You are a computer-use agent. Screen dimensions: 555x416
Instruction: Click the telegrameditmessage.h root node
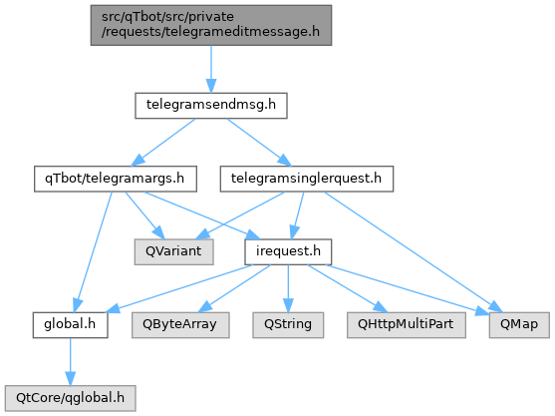point(211,25)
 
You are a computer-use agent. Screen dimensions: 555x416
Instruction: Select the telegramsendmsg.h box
point(211,106)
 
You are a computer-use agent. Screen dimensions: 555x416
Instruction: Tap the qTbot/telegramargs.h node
point(116,179)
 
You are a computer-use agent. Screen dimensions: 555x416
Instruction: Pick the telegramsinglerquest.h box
point(307,179)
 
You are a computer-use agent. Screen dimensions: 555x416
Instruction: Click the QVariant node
point(173,252)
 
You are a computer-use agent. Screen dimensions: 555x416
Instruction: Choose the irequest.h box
point(288,252)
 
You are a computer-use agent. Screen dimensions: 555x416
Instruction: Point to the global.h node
point(70,325)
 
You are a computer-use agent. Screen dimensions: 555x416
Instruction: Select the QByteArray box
point(180,325)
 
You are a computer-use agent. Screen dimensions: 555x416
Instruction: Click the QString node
point(288,325)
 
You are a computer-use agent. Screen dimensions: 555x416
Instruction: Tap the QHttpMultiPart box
point(407,325)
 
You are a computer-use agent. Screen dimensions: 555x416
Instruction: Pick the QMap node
point(519,325)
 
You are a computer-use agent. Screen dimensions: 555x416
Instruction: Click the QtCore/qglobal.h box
point(70,398)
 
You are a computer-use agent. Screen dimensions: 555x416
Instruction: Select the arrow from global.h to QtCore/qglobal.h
point(70,361)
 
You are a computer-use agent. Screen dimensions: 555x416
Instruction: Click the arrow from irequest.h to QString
point(288,288)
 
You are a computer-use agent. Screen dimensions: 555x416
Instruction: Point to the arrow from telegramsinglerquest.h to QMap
point(414,252)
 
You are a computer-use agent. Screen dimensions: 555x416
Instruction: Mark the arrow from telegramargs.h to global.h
point(93,252)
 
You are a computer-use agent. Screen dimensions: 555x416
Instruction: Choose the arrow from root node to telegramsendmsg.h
point(211,69)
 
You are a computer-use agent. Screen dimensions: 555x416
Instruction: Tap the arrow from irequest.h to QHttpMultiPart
point(348,288)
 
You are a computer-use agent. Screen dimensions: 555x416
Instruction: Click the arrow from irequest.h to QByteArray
point(234,288)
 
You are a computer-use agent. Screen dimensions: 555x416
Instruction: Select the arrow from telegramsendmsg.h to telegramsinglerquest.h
point(259,142)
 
